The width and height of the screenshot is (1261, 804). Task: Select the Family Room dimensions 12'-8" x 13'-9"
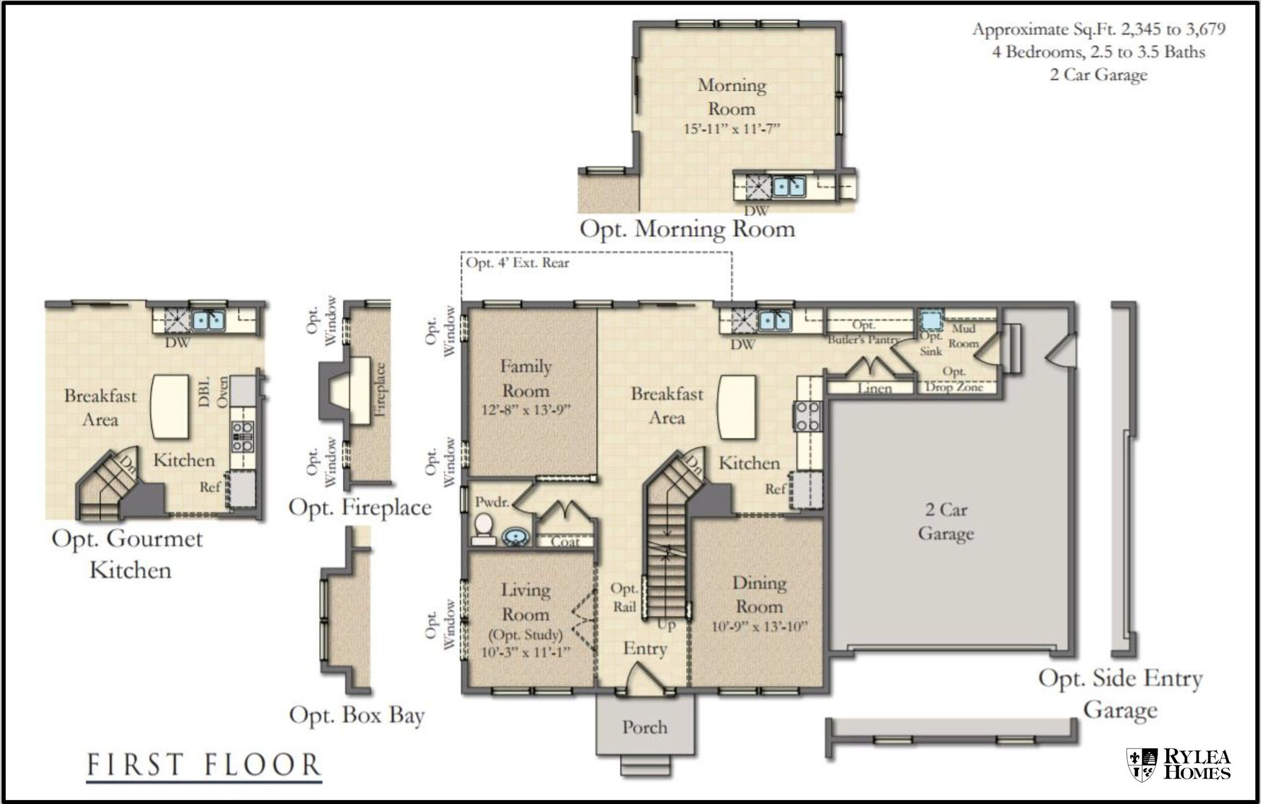click(525, 410)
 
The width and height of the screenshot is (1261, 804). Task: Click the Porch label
click(645, 727)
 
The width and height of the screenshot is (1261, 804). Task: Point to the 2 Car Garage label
click(946, 521)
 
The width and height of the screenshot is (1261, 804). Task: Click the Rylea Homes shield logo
click(1141, 765)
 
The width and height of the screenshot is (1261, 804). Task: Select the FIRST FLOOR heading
click(204, 765)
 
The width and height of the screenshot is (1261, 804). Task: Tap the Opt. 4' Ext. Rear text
click(518, 263)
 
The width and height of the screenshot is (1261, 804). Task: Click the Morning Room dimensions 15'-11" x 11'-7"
click(731, 129)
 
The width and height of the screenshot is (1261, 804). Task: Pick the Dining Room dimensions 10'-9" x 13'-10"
click(759, 627)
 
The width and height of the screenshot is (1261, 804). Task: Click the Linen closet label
click(875, 388)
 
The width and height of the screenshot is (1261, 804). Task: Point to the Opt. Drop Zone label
click(954, 380)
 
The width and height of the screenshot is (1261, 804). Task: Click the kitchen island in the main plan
click(736, 407)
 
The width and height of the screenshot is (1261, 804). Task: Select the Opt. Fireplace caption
click(360, 507)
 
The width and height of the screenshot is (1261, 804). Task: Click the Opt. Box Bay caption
click(357, 715)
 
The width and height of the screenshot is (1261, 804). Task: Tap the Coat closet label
click(565, 541)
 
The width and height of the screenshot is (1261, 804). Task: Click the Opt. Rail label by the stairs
click(624, 597)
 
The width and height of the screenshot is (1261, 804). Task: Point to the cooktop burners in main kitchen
click(808, 416)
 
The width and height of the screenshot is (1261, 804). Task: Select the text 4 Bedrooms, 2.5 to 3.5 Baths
click(1098, 52)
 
